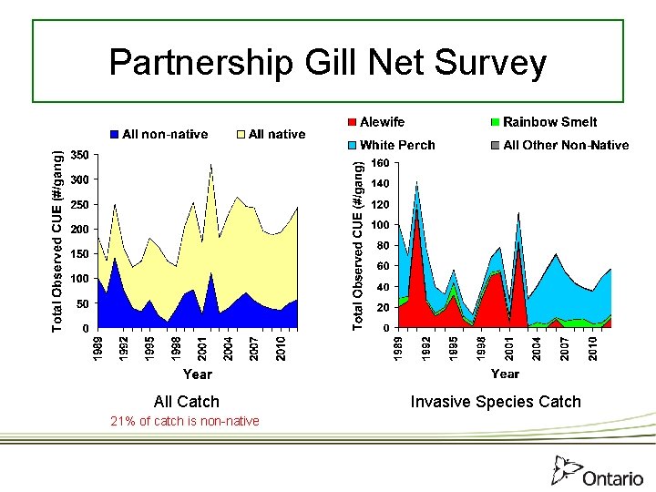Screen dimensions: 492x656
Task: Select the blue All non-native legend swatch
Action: click(115, 134)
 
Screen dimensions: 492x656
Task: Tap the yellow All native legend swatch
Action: click(241, 134)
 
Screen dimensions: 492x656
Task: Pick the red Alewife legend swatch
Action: click(352, 122)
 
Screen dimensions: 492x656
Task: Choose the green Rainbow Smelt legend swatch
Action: click(495, 122)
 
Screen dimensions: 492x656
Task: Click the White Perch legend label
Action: click(397, 145)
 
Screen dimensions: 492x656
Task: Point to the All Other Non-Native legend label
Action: click(566, 145)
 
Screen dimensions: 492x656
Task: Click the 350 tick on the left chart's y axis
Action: click(79, 156)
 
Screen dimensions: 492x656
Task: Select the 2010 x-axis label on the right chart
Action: click(593, 348)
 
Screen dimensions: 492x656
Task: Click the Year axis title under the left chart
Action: click(197, 374)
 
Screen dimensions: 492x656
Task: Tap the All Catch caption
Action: click(187, 401)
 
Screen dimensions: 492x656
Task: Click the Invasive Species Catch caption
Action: click(496, 401)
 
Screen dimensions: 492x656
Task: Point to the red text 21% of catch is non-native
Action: click(184, 421)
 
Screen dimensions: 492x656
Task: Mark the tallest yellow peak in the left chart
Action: click(211, 167)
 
